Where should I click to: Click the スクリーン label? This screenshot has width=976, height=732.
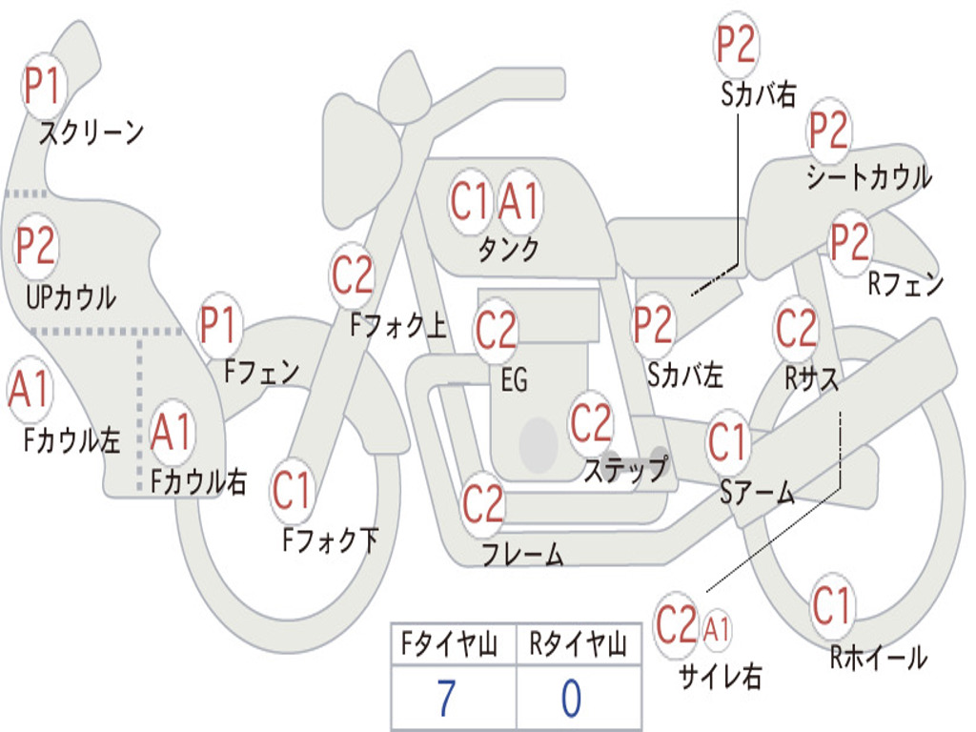[x=91, y=132]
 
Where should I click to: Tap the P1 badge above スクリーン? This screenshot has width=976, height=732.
[x=42, y=86]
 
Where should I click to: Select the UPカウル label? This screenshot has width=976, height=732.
[x=71, y=297]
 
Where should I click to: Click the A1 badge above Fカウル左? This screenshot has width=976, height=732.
[x=30, y=390]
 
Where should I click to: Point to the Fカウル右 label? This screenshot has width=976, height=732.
[x=198, y=481]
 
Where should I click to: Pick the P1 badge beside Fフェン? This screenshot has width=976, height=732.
[x=219, y=325]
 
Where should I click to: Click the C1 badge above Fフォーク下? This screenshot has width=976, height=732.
[x=292, y=490]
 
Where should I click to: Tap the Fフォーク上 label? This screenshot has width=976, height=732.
[x=398, y=325]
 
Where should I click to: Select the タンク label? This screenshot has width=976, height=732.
[x=508, y=250]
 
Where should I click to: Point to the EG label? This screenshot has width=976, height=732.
[x=514, y=379]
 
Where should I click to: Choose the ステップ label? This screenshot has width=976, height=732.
[x=625, y=469]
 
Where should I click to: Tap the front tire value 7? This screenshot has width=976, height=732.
[x=447, y=699]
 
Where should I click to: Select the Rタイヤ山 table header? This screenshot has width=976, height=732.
[x=579, y=643]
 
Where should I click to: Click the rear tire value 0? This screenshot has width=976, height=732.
[x=572, y=699]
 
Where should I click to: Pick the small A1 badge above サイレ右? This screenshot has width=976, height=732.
[x=717, y=629]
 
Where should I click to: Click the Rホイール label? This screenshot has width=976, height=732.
[x=878, y=658]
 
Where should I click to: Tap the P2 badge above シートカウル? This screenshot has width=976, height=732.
[x=828, y=131]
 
